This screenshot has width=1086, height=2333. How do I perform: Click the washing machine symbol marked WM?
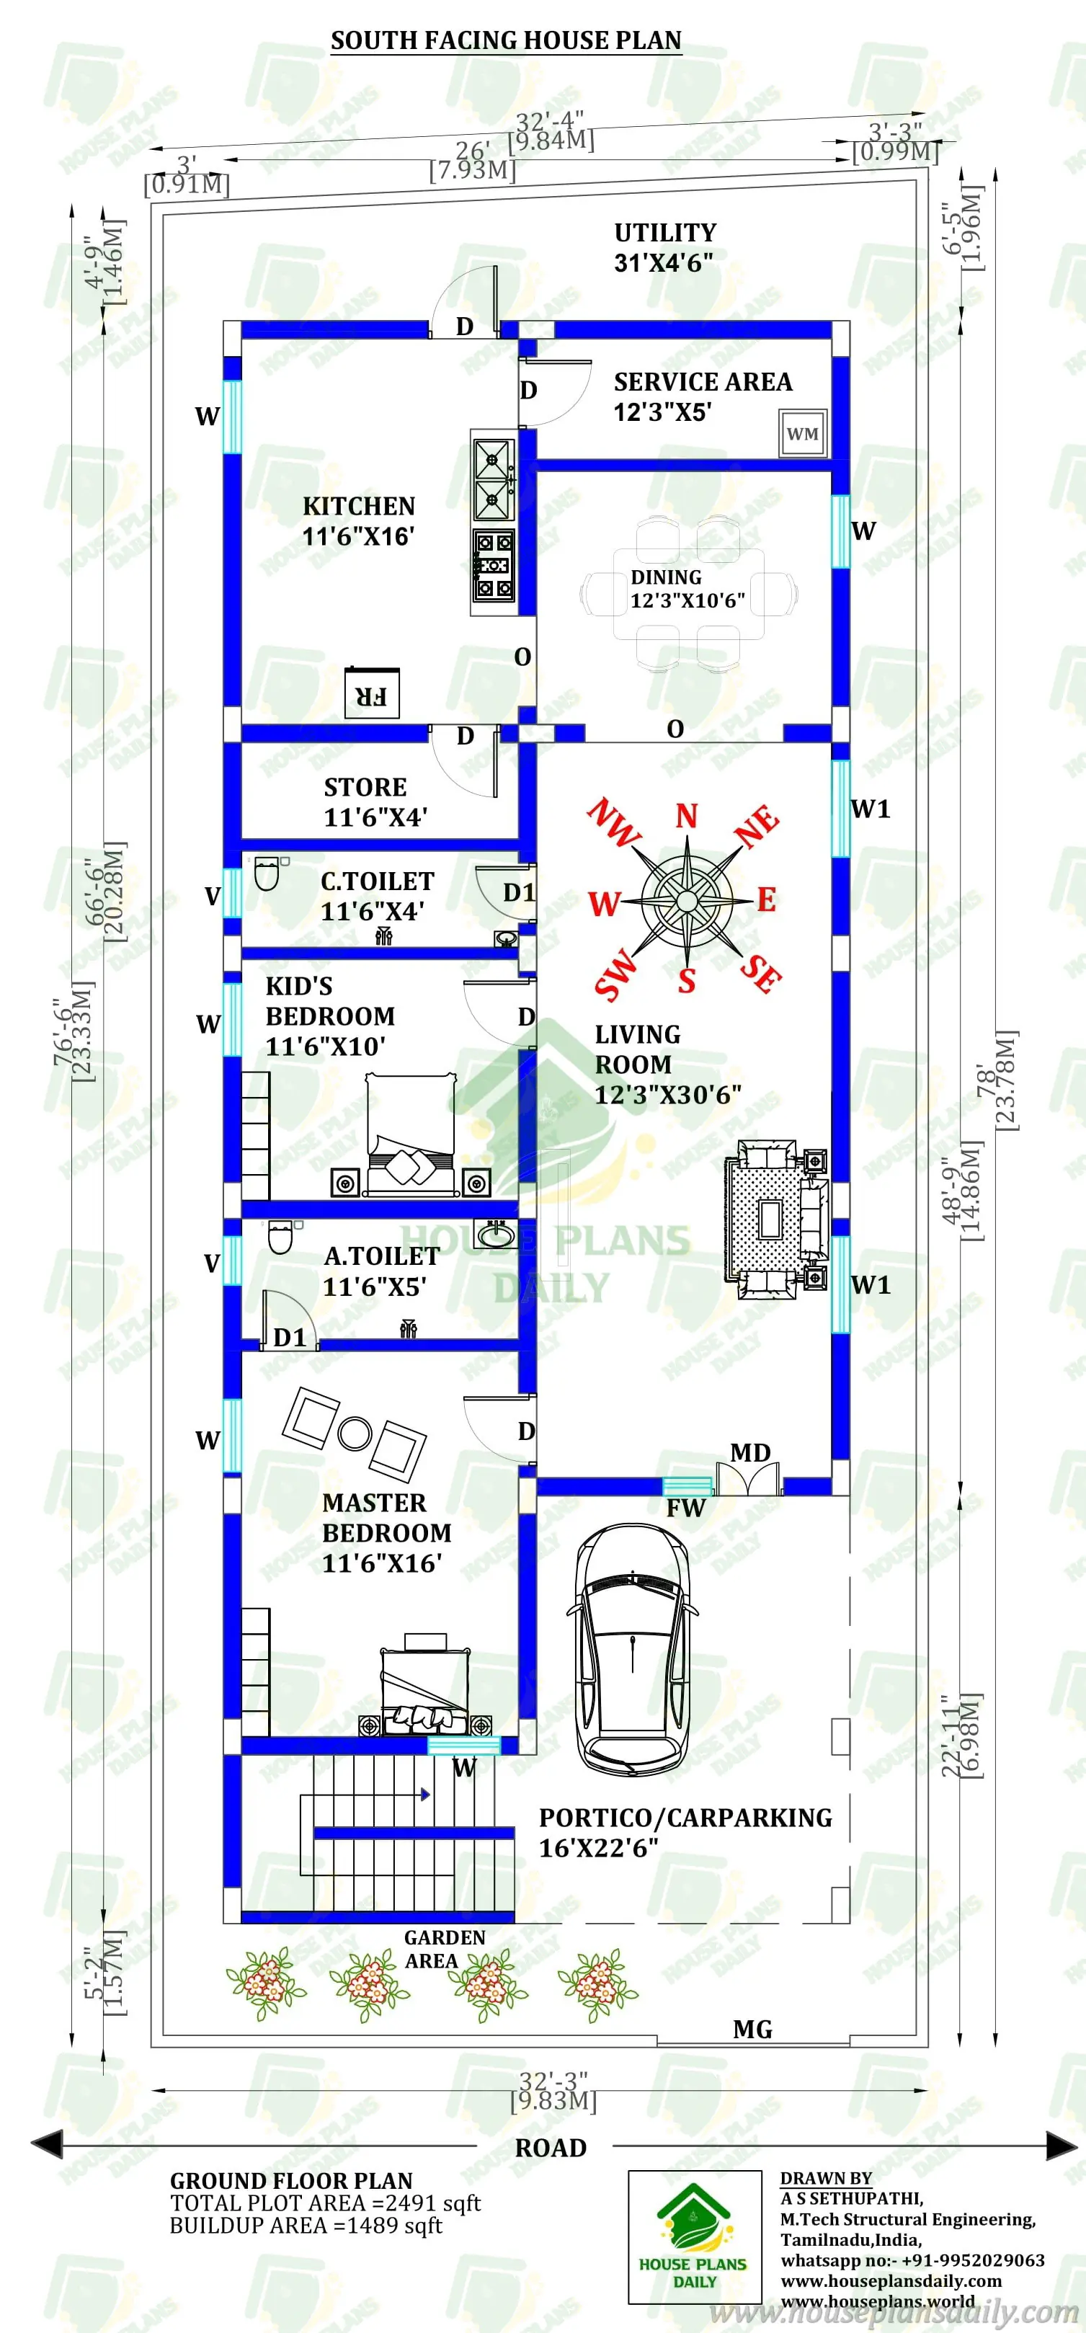[x=803, y=434]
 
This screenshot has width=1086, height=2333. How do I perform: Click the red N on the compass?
[x=687, y=816]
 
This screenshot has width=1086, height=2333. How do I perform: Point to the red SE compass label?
[x=761, y=973]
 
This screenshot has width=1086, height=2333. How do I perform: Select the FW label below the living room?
[x=685, y=1508]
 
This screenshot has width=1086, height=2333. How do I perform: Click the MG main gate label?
[x=752, y=2030]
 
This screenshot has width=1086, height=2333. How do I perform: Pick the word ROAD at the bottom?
[x=551, y=2147]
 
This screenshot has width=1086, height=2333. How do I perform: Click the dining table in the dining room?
[x=688, y=593]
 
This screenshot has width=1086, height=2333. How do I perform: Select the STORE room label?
[x=365, y=787]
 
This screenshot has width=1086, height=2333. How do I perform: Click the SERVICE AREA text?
[x=703, y=382]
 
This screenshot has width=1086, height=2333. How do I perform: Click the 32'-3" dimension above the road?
[x=553, y=2081]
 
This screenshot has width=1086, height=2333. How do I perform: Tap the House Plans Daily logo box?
[x=695, y=2236]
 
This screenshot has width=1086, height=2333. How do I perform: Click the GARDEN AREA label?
[x=444, y=1948]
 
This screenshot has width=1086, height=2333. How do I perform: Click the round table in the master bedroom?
[x=354, y=1432]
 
